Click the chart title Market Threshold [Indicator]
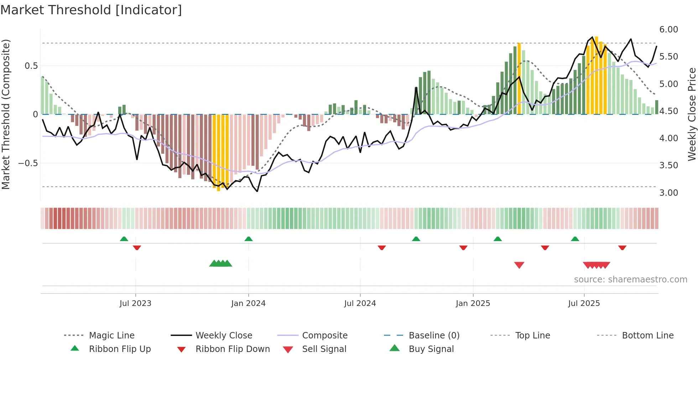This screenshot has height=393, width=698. (x=91, y=10)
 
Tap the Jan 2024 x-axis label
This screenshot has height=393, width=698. (x=248, y=303)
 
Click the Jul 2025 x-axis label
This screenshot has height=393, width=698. (x=584, y=303)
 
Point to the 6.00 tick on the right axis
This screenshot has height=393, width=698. (x=668, y=30)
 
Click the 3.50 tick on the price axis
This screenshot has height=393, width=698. (x=668, y=165)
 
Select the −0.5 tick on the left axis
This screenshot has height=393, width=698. (x=28, y=163)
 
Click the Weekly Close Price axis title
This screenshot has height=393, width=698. (x=692, y=114)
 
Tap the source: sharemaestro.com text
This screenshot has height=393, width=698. (x=630, y=280)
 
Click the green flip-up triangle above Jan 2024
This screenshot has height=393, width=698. (x=249, y=239)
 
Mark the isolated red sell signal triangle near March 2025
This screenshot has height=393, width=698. (x=519, y=265)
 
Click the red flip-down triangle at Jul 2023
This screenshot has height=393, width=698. (x=137, y=247)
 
